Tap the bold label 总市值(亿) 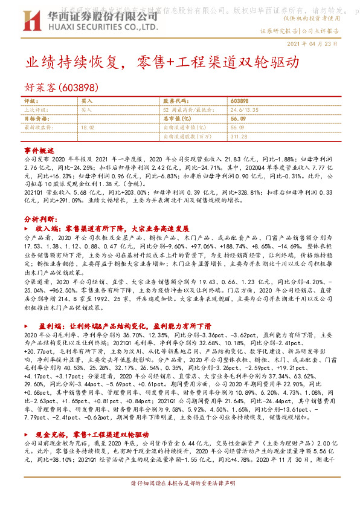(x=179, y=119)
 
